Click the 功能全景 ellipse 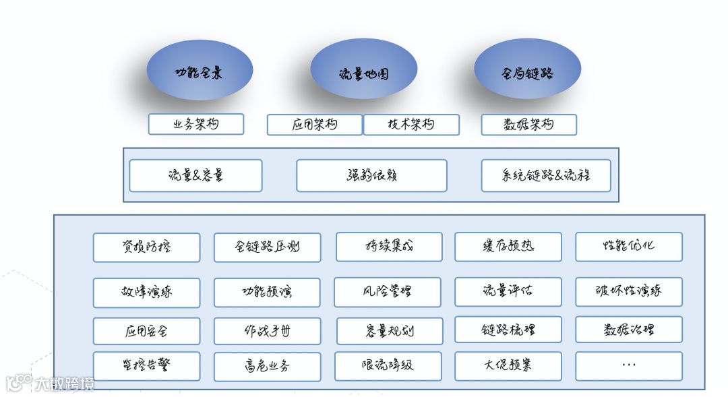pyautogui.click(x=200, y=71)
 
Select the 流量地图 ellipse pyautogui.click(x=363, y=73)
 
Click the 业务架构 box pyautogui.click(x=196, y=124)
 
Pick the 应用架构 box pyautogui.click(x=315, y=125)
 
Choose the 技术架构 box pyautogui.click(x=411, y=125)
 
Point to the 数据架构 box pyautogui.click(x=529, y=125)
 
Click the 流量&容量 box pyautogui.click(x=195, y=175)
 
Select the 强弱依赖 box pyautogui.click(x=371, y=175)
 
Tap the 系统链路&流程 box pyautogui.click(x=546, y=175)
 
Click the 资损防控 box pyautogui.click(x=146, y=247)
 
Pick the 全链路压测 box pyautogui.click(x=268, y=247)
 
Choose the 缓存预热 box pyautogui.click(x=508, y=247)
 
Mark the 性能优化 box pyautogui.click(x=628, y=247)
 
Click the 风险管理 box pyautogui.click(x=388, y=292)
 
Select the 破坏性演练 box pyautogui.click(x=628, y=292)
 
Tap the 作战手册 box pyautogui.click(x=268, y=331)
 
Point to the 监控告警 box pyautogui.click(x=146, y=365)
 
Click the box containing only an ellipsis pyautogui.click(x=628, y=365)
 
